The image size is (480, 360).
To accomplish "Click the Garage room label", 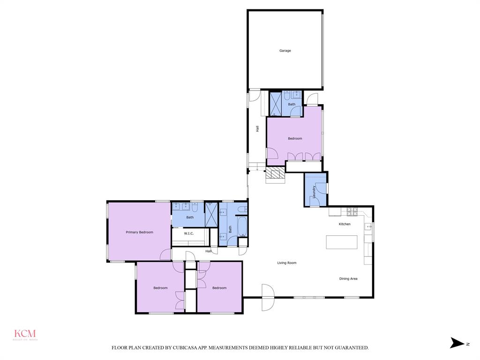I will click(x=285, y=51).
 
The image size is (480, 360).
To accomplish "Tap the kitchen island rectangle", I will click(x=342, y=242).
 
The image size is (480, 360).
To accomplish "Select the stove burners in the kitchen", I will click(x=352, y=211).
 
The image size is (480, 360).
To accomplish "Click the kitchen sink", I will click(x=368, y=227).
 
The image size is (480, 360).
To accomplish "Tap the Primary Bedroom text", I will click(x=139, y=232).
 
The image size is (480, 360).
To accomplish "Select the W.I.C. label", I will click(x=189, y=233).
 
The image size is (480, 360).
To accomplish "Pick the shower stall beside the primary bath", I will click(x=211, y=214).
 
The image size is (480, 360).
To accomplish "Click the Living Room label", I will click(x=287, y=263).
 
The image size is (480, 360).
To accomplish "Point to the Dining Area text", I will click(x=348, y=279).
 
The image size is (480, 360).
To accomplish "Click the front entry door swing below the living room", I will click(x=267, y=298).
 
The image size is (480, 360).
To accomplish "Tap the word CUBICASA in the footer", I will click(x=182, y=348).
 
